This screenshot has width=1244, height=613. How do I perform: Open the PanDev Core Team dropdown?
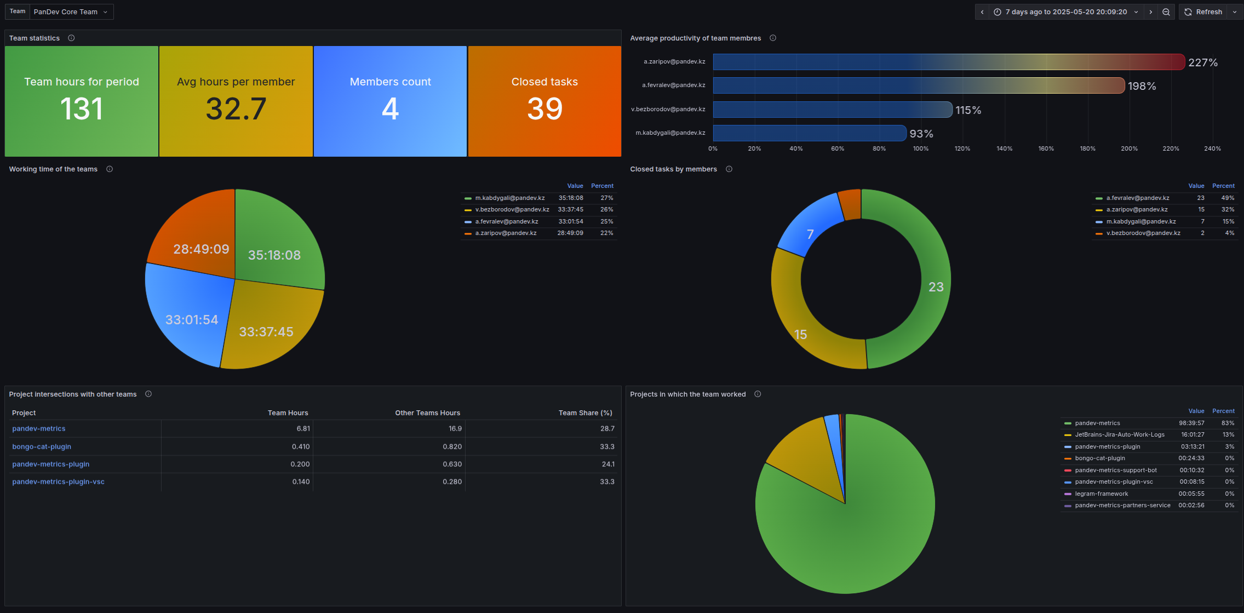point(71,12)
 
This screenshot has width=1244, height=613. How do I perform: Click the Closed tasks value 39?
point(544,108)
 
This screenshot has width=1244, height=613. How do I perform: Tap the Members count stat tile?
point(390,101)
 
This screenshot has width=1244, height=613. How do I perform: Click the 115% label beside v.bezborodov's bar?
point(968,110)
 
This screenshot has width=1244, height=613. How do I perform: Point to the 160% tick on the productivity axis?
point(1046,148)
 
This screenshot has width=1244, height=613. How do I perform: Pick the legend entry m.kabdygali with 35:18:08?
point(510,198)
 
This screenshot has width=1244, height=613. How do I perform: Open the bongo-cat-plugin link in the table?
point(42,446)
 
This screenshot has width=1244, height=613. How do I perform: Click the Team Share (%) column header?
point(585,413)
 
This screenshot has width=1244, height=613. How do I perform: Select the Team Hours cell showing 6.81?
point(303,429)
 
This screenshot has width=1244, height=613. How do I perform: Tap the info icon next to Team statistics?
point(71,38)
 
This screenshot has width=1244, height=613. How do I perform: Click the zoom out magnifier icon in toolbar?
point(1166,12)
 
